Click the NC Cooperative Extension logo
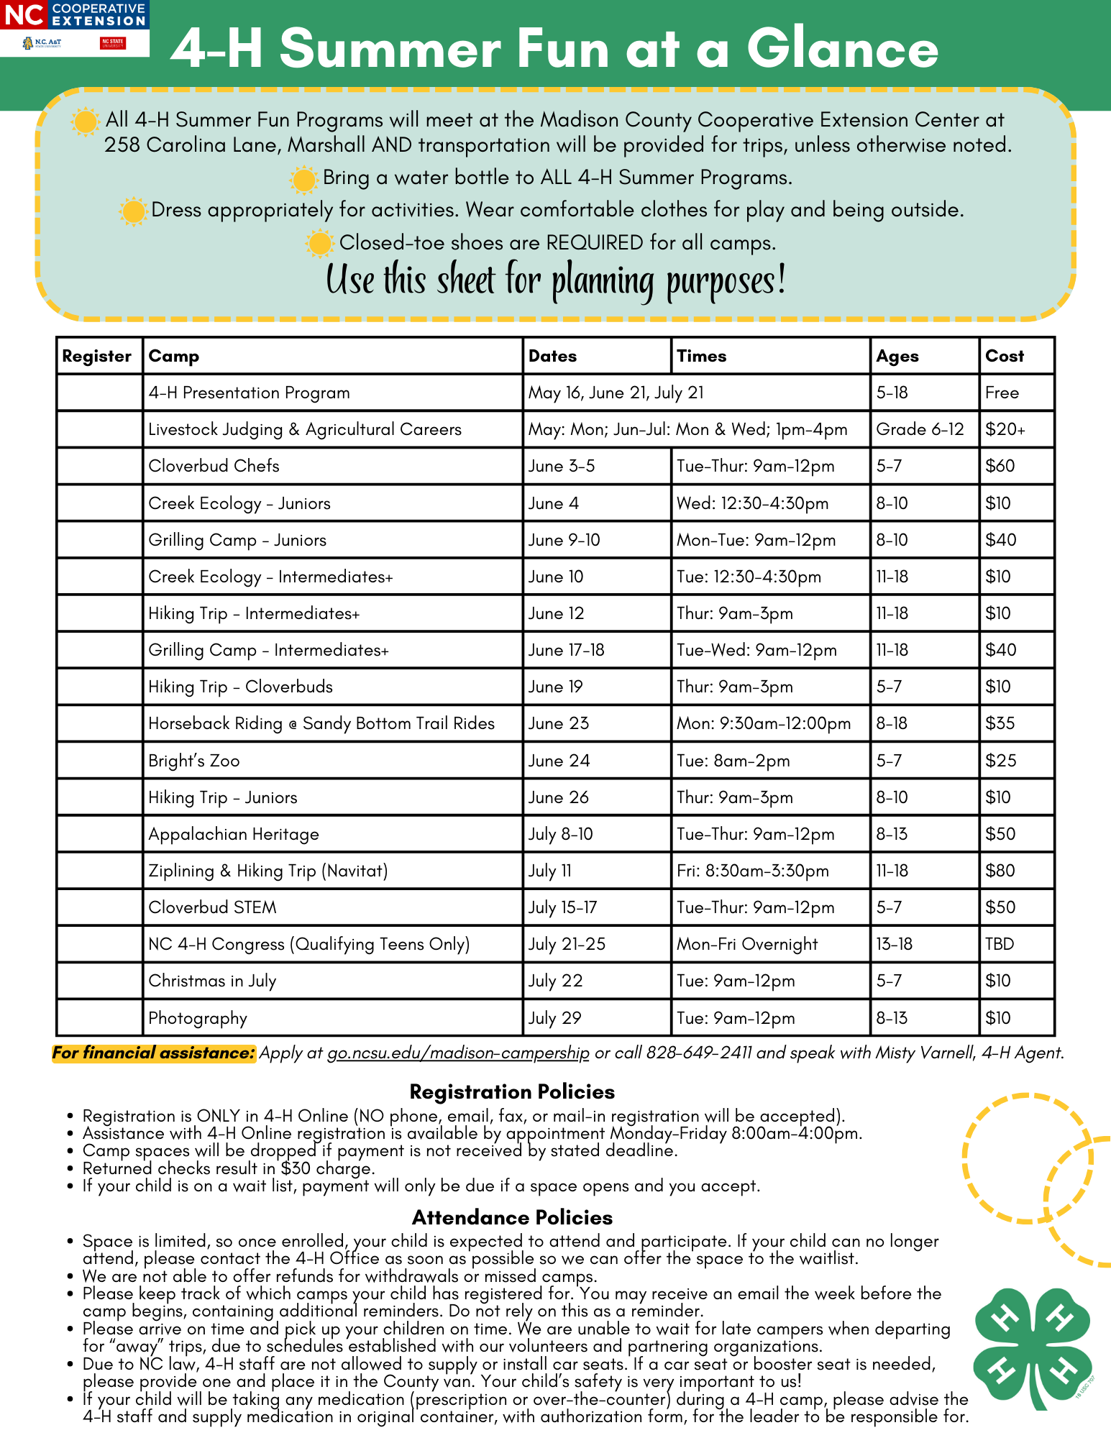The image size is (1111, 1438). (x=75, y=27)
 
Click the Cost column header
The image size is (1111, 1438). (x=1005, y=356)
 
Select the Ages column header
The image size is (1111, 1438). (x=897, y=356)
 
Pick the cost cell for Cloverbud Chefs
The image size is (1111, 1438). (x=1000, y=466)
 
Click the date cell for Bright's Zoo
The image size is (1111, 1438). (x=559, y=761)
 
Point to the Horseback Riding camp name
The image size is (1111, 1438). (x=321, y=723)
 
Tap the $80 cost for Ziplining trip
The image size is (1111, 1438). (x=1000, y=871)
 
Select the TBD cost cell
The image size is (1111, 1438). (x=1000, y=944)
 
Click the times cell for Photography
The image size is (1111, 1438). (x=736, y=1018)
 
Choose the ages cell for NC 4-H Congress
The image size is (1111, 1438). (x=894, y=944)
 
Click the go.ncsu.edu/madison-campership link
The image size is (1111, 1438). (x=458, y=1053)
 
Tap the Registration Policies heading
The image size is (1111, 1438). (x=512, y=1091)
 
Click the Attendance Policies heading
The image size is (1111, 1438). (x=512, y=1217)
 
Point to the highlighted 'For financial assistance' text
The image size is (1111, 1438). (x=154, y=1053)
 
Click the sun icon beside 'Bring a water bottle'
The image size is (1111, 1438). (x=303, y=179)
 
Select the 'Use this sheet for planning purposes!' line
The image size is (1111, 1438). (x=556, y=280)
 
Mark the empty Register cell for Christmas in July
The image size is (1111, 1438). (x=99, y=981)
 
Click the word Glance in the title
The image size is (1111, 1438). (x=842, y=49)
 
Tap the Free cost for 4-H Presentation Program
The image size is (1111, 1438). (x=1002, y=393)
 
